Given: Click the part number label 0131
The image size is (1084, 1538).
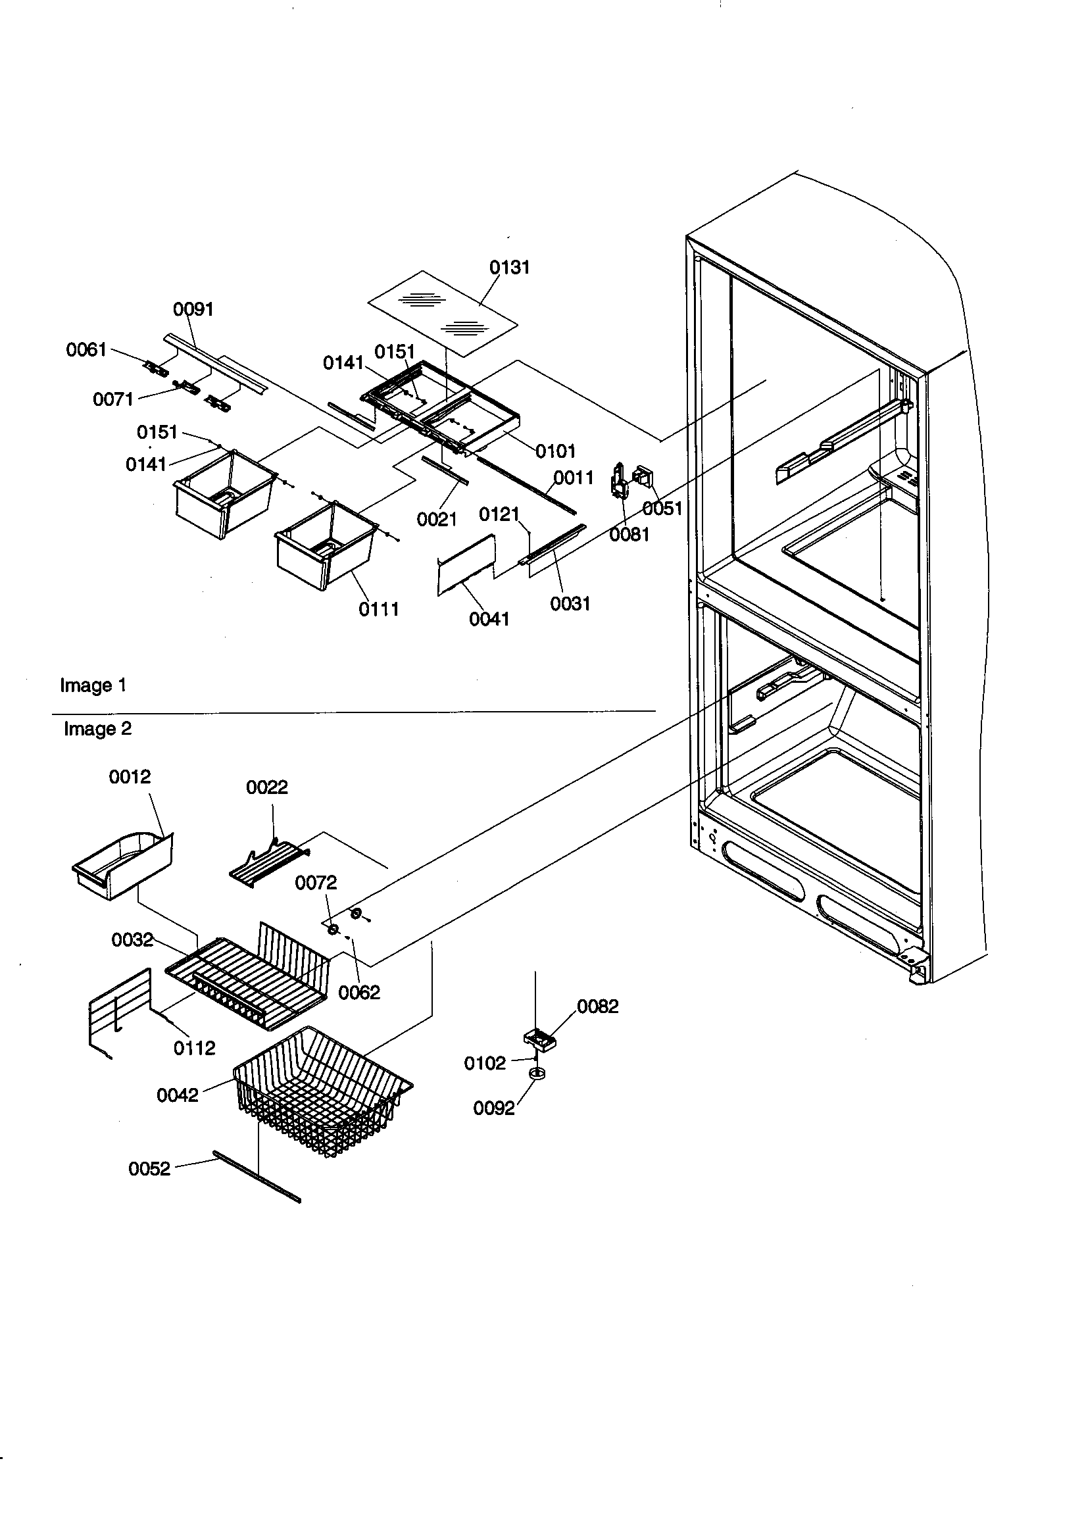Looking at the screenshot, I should [x=509, y=267].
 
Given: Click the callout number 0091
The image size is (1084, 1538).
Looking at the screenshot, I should [x=193, y=309].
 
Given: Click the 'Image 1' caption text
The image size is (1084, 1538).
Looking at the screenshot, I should [x=93, y=685].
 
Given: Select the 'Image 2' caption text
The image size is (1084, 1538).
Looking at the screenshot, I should [x=98, y=729].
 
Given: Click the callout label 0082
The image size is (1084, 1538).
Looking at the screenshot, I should [x=598, y=1006].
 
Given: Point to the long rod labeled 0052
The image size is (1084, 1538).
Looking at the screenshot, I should [x=257, y=1176].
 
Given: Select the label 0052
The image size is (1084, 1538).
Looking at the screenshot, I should [x=149, y=1169].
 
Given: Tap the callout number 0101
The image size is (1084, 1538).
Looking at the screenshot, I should [x=555, y=451].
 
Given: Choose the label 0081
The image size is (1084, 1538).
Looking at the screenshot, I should [x=629, y=535].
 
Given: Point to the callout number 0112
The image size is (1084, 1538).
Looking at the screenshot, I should [x=194, y=1049].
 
